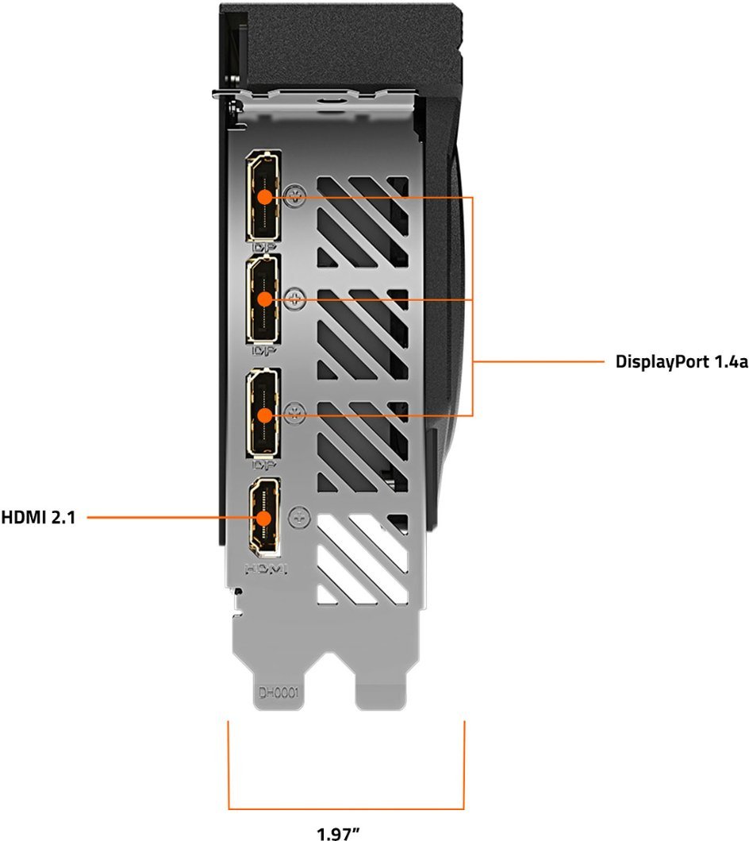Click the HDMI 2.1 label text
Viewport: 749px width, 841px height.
38,517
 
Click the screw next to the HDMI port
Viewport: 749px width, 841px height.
298,516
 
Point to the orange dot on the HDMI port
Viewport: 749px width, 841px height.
264,517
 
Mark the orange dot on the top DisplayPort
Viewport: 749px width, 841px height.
265,196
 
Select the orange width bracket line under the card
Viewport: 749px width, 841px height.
346,808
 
